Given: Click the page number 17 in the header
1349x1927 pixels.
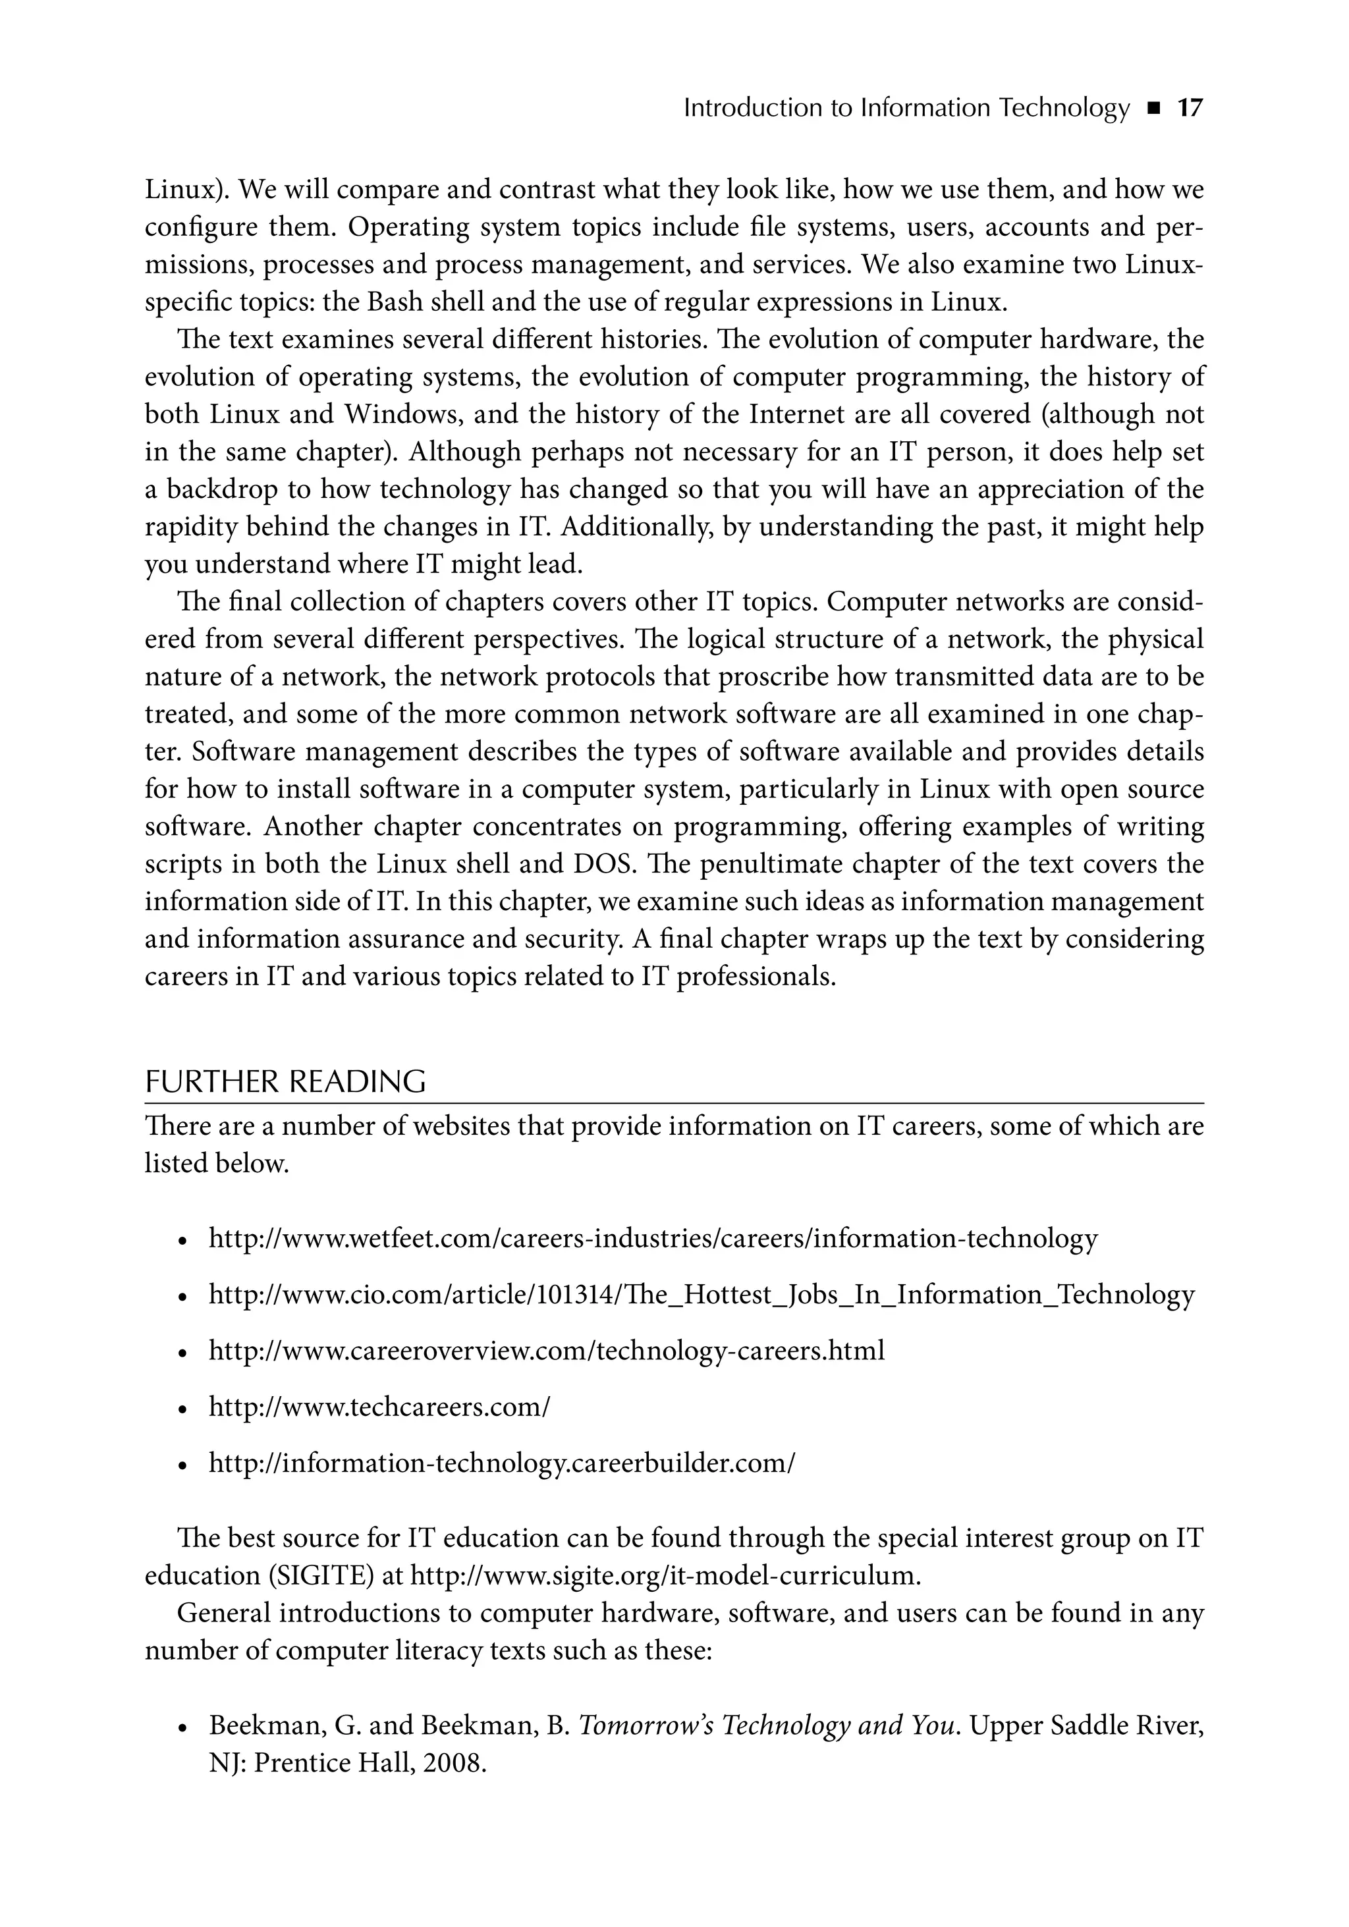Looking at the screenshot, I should (1190, 108).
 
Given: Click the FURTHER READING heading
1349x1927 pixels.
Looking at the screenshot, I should (285, 1082).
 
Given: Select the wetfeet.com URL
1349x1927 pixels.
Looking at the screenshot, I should (652, 1238).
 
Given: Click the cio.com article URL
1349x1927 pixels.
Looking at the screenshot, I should (701, 1294).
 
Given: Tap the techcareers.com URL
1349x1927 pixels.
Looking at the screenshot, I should (379, 1407).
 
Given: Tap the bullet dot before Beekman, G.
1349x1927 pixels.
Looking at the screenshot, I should (181, 1729).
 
